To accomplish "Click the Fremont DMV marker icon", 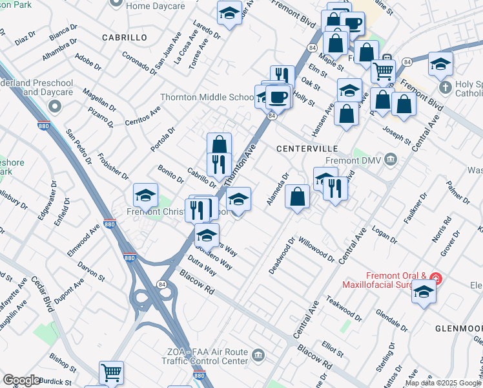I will coord(390,159).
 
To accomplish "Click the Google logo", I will coord(21,380).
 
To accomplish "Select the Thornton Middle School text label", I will coord(207,98).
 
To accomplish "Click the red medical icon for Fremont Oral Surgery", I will coord(437,279).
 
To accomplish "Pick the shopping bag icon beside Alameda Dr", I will coord(297,197).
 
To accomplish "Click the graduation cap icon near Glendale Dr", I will coord(424,293).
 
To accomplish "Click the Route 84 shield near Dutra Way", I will coord(161,283).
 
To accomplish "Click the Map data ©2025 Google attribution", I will coord(443,383).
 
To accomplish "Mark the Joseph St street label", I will coord(397,133).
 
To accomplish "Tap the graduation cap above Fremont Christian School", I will coord(146,194).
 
